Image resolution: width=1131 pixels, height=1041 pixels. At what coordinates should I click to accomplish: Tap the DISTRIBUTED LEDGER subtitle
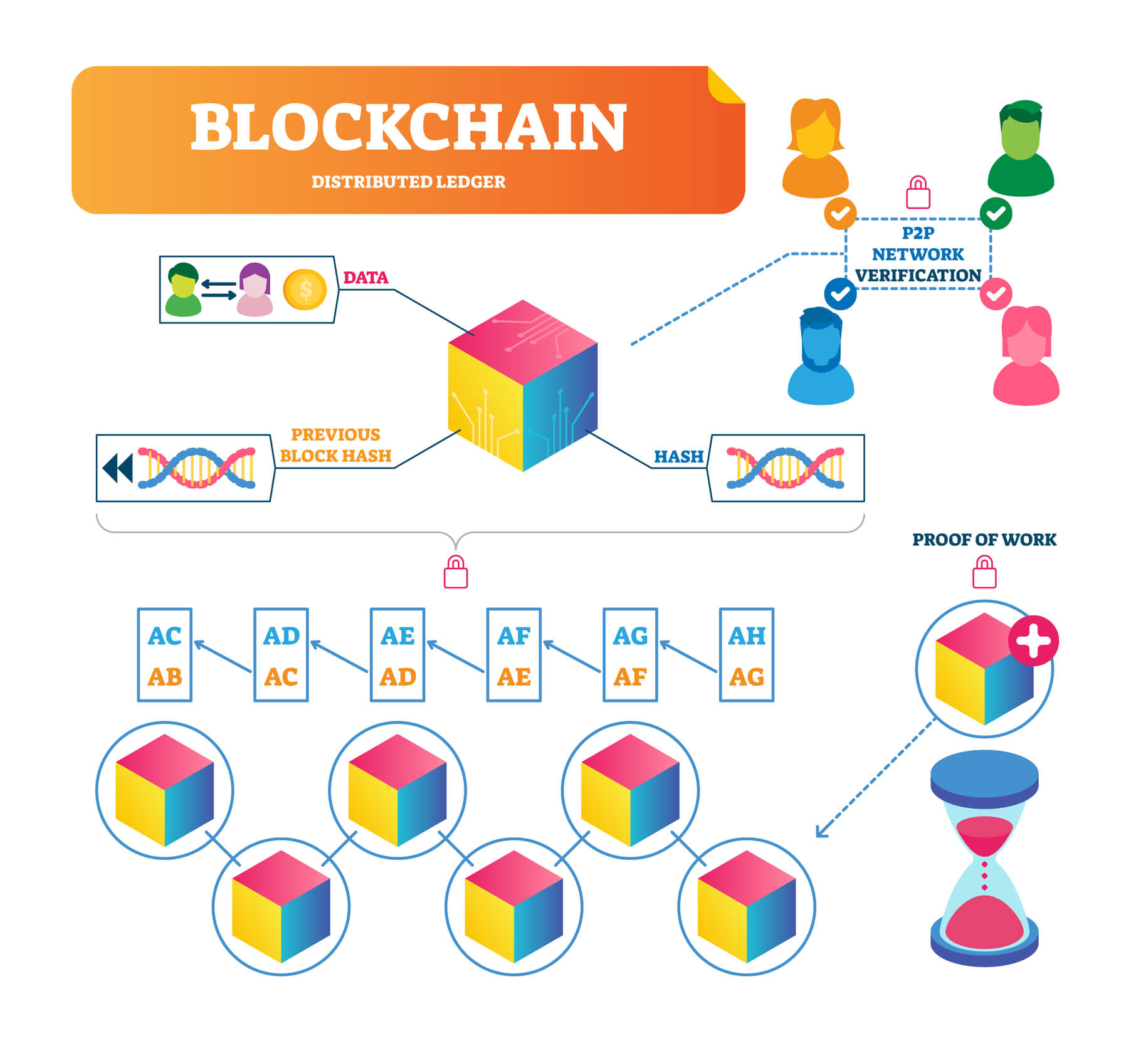click(x=408, y=182)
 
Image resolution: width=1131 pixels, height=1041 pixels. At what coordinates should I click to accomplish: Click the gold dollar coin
click(x=305, y=290)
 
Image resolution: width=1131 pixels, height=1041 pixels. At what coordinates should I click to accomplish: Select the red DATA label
click(x=366, y=278)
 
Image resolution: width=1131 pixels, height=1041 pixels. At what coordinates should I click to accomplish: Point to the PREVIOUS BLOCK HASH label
click(x=335, y=445)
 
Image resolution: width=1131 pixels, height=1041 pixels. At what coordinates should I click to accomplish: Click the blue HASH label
click(x=678, y=456)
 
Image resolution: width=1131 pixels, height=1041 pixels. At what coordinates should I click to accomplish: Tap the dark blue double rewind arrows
click(x=118, y=468)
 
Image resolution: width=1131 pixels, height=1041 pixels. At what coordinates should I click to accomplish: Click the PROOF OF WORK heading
click(x=984, y=540)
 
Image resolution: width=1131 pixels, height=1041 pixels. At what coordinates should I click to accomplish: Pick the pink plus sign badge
click(x=1033, y=640)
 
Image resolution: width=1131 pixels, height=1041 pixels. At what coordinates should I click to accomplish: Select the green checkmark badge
click(x=996, y=213)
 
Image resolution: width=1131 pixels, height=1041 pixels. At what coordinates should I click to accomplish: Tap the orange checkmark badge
click(x=840, y=213)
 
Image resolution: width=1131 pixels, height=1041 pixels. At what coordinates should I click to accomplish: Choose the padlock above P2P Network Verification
click(x=918, y=193)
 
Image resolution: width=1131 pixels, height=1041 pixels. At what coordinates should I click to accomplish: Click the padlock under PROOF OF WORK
click(x=984, y=573)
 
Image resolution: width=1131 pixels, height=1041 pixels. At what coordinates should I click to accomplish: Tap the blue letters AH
click(x=746, y=636)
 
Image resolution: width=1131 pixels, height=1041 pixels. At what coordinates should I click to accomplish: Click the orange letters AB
click(x=164, y=677)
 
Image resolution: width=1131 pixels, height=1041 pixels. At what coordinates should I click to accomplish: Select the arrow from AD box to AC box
click(x=223, y=656)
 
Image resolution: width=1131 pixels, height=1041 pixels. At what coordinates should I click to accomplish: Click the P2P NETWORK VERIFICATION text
click(x=918, y=254)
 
